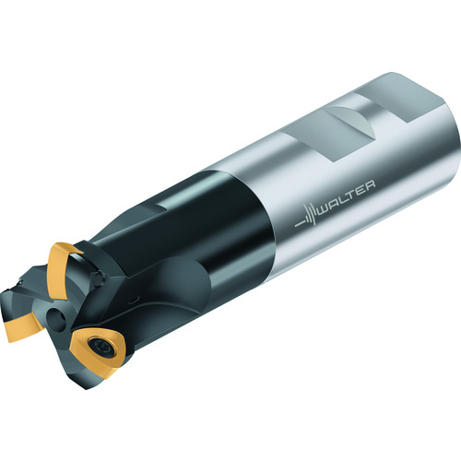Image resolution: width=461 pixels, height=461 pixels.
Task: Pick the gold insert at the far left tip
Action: [x=20, y=326]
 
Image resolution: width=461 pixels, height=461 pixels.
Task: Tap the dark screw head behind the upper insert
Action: [x=100, y=278]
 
